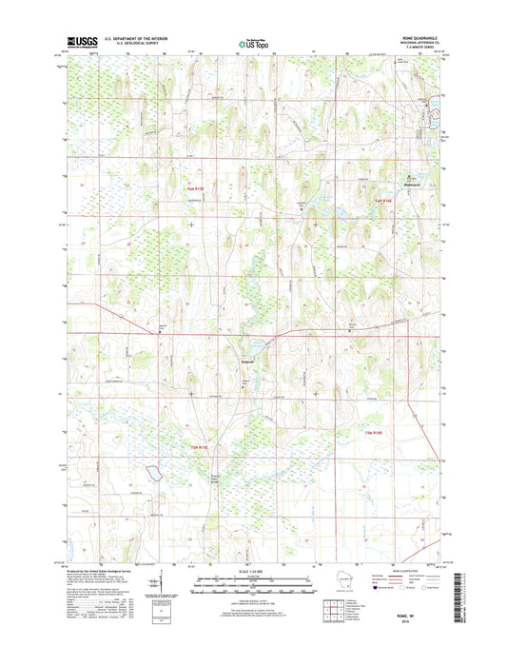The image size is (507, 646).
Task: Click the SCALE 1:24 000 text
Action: click(253, 575)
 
